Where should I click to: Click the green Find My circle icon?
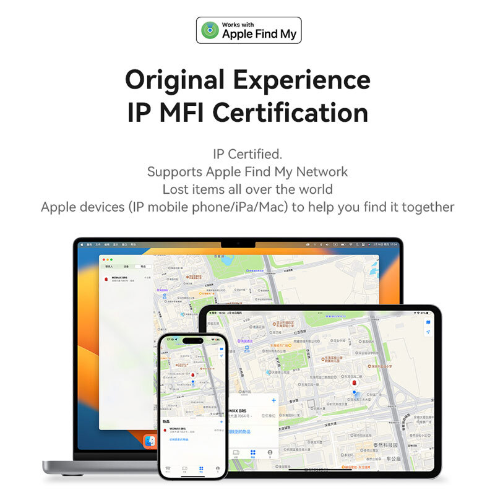coord(212,30)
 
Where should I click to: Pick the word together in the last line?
coord(428,207)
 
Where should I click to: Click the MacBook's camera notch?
coord(238,241)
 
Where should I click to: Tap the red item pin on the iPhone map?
coord(192,375)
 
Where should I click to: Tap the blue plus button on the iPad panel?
coord(273,401)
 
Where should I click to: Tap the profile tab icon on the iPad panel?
coord(270,453)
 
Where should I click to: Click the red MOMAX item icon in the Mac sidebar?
coord(106,279)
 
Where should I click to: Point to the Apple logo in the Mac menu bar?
coord(80,246)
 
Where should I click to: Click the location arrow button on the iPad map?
coord(427,332)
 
